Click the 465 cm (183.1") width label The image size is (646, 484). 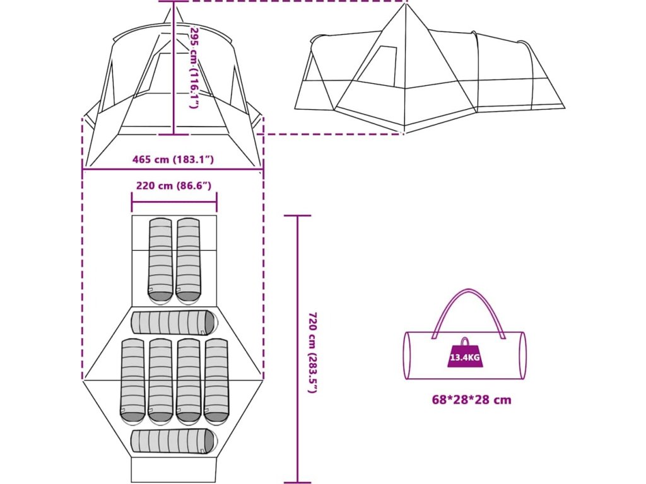[x=173, y=159]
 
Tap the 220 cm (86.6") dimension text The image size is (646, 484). [x=173, y=185]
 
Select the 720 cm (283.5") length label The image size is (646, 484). [x=312, y=352]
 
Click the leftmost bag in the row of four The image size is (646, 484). [x=132, y=381]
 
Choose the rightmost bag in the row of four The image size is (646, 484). [x=216, y=381]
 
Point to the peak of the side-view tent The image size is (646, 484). [x=404, y=5]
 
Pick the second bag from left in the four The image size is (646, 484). [x=160, y=381]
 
